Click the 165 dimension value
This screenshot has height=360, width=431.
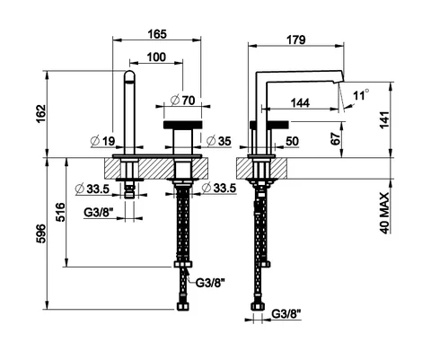click(157, 34)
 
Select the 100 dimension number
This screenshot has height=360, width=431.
click(156, 57)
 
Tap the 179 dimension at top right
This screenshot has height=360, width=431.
click(296, 40)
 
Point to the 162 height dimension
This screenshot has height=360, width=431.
click(40, 114)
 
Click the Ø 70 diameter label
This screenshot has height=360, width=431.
click(182, 101)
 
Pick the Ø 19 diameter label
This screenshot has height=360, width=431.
click(102, 141)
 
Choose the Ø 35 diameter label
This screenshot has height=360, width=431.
click(219, 141)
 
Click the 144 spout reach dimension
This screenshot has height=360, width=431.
click(300, 103)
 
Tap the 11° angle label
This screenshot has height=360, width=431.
click(361, 95)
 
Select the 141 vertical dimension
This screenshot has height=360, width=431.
click(384, 119)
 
